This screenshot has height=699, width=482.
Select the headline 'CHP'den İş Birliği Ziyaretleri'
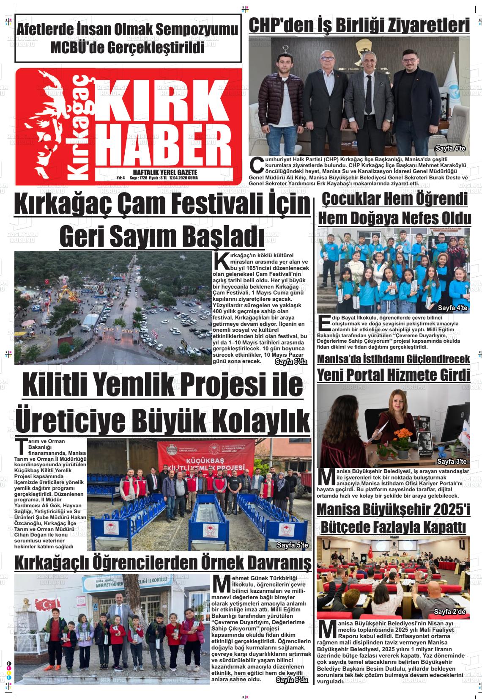(x=359, y=25)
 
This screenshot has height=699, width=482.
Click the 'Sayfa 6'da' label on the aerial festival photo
(x=291, y=362)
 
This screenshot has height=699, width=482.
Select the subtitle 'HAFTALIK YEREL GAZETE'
(x=165, y=173)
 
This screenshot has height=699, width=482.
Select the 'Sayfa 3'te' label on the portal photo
(x=452, y=461)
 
